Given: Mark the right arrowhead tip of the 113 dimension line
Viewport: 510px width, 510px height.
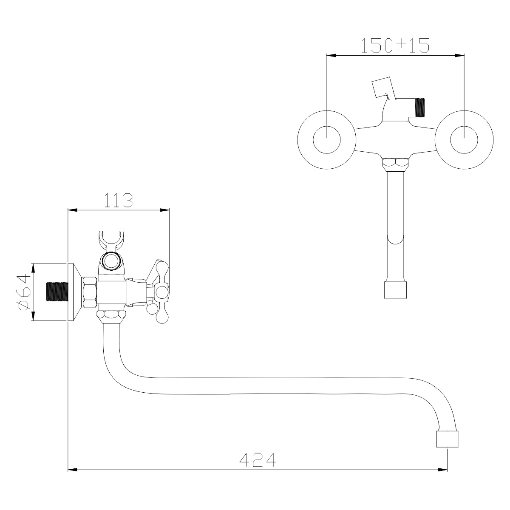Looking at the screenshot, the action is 169,210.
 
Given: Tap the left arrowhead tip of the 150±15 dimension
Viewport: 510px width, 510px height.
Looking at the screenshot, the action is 327,56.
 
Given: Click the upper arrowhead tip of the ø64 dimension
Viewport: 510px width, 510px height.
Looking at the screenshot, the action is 33,263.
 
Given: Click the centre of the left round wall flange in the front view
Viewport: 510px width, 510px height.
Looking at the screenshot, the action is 326,140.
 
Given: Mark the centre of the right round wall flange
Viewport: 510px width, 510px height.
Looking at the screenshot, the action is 464,140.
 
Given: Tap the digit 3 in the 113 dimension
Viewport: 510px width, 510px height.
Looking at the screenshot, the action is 126,200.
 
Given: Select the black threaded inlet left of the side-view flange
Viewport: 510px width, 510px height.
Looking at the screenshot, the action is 57,292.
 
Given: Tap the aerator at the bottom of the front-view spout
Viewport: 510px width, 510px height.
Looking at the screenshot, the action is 395,290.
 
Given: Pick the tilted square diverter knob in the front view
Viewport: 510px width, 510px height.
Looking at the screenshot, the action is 381,87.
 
